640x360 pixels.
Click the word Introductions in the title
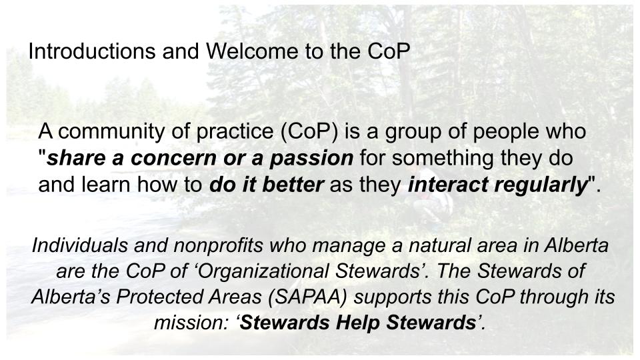tap(92, 51)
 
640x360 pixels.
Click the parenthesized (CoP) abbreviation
tap(309, 132)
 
